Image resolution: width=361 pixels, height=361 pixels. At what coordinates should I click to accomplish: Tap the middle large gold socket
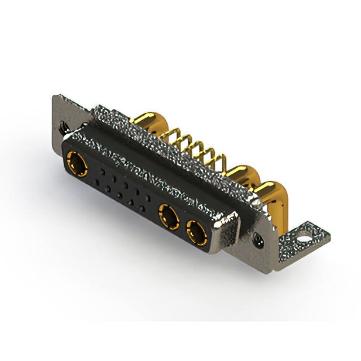click(x=169, y=216)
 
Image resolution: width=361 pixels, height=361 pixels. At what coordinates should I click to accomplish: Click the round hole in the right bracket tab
click(x=306, y=231)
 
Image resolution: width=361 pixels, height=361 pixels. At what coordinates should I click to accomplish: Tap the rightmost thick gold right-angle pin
click(x=271, y=192)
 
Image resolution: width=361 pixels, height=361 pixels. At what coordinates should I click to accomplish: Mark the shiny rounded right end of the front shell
click(x=226, y=234)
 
